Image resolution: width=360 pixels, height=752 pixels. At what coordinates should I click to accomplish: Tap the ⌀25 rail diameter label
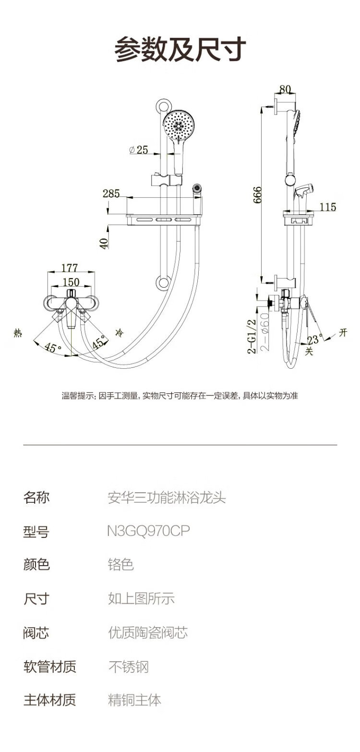(138, 149)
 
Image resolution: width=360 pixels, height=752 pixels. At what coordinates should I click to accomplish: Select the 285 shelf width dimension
(111, 194)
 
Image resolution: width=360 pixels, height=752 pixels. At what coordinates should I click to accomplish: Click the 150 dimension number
(71, 282)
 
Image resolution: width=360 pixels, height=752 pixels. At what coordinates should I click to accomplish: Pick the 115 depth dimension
(327, 207)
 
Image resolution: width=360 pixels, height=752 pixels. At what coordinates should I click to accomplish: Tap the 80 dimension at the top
(285, 89)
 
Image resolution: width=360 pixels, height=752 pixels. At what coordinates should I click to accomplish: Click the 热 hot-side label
(18, 333)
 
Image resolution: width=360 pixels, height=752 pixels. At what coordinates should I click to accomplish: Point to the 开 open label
(343, 333)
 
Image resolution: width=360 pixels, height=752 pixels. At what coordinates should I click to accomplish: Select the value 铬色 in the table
(121, 564)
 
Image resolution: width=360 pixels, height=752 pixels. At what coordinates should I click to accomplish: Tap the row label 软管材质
(50, 666)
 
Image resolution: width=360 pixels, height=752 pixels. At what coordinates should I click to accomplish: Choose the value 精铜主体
(135, 700)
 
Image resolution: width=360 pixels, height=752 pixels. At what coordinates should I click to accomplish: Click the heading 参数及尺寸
(180, 49)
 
